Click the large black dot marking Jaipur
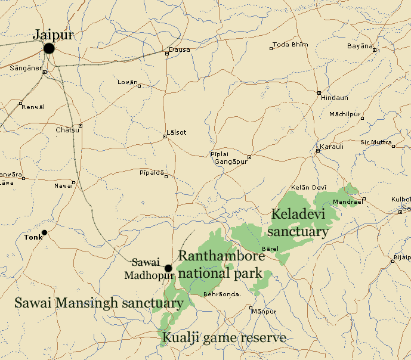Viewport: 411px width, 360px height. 49,48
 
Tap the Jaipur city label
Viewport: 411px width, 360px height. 54,35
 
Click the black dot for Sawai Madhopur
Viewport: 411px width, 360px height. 168,268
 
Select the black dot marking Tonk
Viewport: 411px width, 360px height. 44,232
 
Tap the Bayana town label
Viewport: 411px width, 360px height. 360,46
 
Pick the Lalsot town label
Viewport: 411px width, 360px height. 175,132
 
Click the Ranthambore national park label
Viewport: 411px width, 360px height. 221,265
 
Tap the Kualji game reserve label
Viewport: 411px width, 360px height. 224,338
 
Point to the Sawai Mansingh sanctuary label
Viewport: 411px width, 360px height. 98,303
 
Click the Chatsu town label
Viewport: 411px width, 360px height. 66,130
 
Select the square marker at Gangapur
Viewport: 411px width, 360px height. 249,157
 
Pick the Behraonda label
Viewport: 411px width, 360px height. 221,294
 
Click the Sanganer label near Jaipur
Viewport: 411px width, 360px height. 26,69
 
